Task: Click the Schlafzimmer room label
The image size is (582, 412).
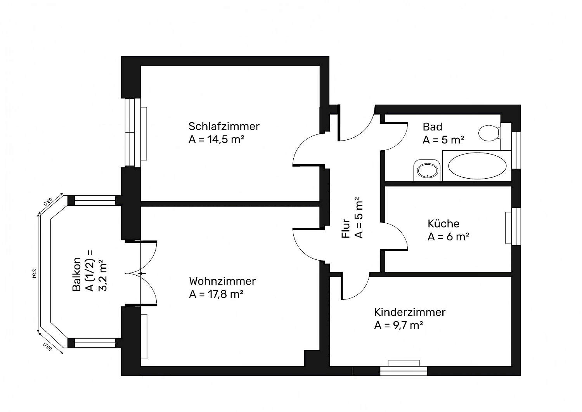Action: coord(224,126)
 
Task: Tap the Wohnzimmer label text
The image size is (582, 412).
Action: coord(222,281)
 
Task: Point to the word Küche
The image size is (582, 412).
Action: coord(443,224)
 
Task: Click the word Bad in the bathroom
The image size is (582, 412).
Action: coord(432,127)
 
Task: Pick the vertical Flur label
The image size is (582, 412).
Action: coord(346,228)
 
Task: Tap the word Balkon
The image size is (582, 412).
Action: coord(77,274)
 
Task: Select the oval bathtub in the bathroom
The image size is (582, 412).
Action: coord(477,166)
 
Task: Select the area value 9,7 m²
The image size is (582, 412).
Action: coord(398,325)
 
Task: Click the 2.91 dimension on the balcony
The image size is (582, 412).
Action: coord(34,273)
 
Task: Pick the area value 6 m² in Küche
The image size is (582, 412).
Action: coord(449,237)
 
